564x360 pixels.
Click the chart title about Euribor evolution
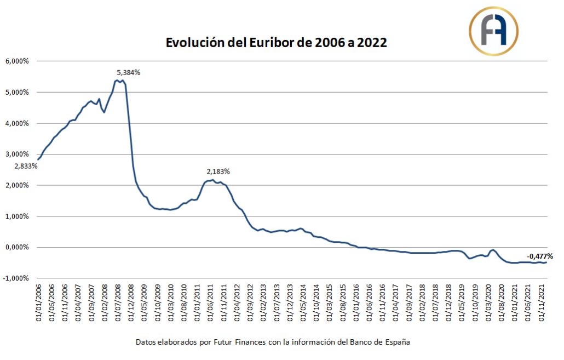click(277, 43)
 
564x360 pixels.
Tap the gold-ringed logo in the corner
click(493, 31)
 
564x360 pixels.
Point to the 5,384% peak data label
click(129, 72)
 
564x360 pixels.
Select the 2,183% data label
click(218, 172)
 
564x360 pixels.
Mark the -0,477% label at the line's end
click(539, 256)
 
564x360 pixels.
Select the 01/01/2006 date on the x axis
click(38, 300)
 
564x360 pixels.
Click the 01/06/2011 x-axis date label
click(211, 300)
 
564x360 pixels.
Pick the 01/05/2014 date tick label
click(303, 300)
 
